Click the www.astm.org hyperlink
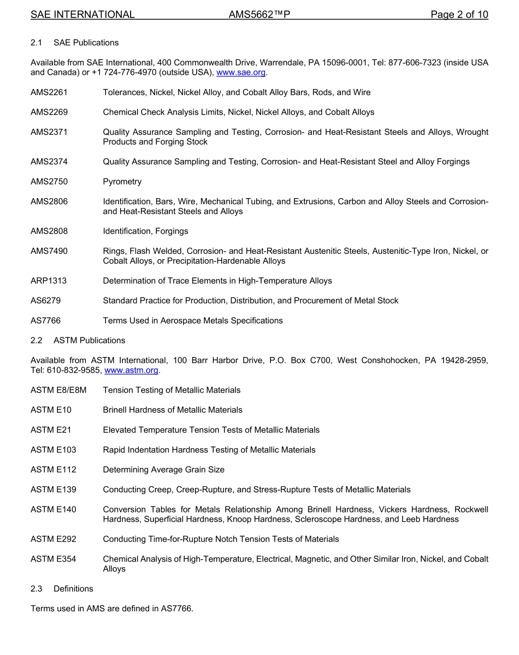point(131,371)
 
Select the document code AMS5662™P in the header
point(259,15)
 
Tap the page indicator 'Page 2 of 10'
point(459,15)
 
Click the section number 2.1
point(37,43)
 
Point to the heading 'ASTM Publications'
point(89,341)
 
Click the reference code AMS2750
point(49,182)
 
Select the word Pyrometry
point(122,182)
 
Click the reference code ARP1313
point(49,281)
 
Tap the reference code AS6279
point(46,301)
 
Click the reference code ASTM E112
point(54,470)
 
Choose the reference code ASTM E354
point(54,559)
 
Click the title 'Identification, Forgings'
point(145,231)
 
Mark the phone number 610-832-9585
point(74,371)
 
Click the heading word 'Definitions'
point(73,589)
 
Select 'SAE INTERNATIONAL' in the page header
point(82,15)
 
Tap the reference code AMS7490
point(49,251)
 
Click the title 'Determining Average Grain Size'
point(163,470)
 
